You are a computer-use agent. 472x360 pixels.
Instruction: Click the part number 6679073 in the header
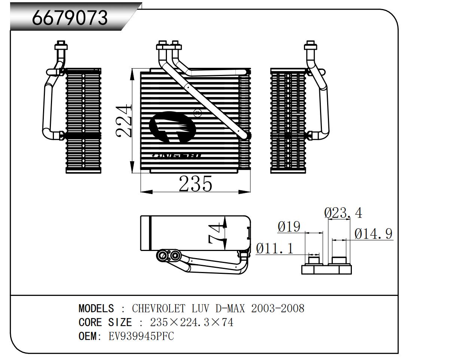coord(70,17)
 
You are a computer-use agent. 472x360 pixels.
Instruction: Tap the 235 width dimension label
coord(195,184)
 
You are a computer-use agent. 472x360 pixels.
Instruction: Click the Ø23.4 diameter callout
coord(343,213)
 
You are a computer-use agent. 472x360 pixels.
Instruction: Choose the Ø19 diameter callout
coord(289,226)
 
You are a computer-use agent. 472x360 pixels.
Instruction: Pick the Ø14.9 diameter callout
coord(373,234)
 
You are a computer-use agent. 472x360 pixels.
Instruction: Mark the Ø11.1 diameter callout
coord(275,248)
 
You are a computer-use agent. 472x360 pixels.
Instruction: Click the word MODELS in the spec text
coord(96,308)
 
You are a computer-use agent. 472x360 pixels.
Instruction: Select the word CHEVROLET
coord(158,308)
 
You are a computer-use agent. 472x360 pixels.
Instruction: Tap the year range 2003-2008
coord(277,308)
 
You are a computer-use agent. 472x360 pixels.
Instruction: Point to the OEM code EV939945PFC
coord(141,336)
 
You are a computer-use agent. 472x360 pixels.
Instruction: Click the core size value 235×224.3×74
coord(192,322)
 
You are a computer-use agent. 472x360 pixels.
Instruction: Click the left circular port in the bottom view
coord(162,256)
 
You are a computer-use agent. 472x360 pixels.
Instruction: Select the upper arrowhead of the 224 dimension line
coord(132,74)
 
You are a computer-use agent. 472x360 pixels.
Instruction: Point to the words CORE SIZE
coord(105,322)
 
